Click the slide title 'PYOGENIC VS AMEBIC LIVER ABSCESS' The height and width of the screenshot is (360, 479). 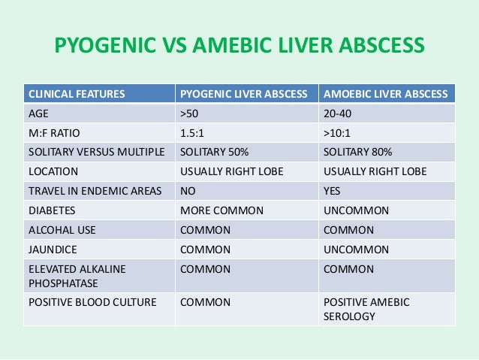(x=239, y=47)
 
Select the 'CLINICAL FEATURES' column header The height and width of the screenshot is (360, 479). (x=77, y=95)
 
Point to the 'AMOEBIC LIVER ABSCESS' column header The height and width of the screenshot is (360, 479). (x=385, y=95)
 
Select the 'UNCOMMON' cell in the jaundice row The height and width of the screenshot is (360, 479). (x=355, y=250)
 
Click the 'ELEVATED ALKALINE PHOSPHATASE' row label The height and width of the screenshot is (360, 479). (x=77, y=275)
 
